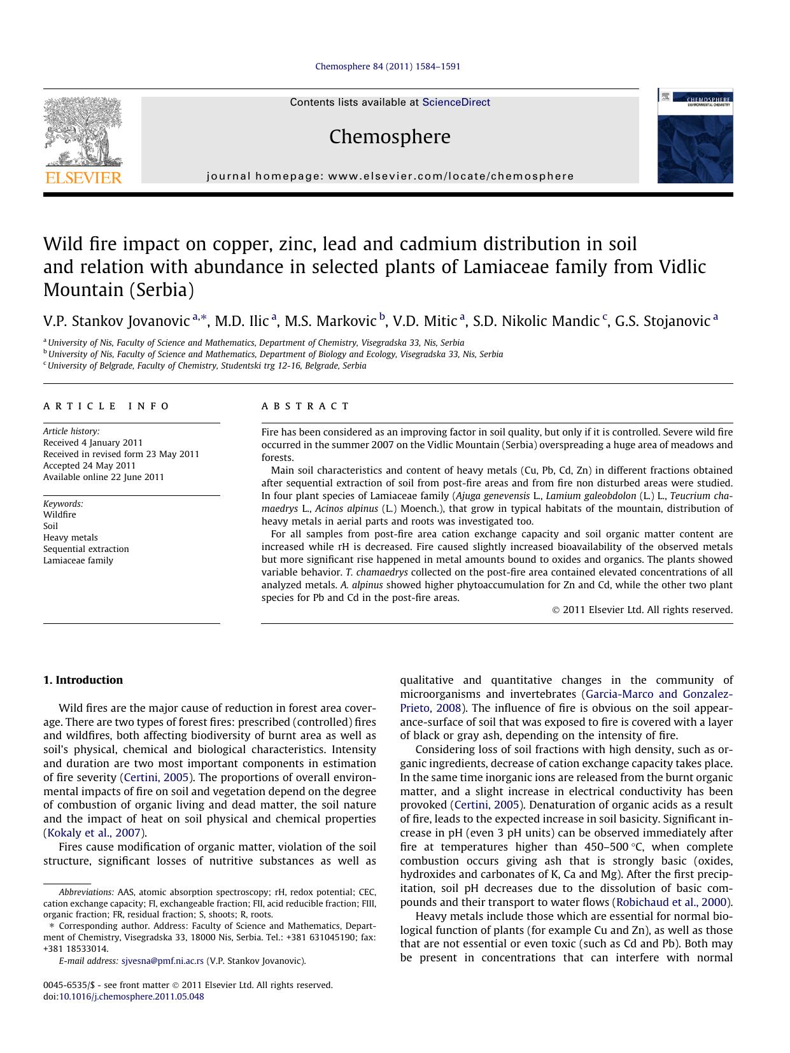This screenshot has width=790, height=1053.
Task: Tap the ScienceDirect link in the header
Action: (x=456, y=102)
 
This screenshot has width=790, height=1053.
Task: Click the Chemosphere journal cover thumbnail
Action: (x=695, y=136)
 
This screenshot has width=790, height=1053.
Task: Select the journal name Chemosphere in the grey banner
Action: (x=390, y=137)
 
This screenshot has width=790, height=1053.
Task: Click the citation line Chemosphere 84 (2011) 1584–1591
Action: (x=388, y=66)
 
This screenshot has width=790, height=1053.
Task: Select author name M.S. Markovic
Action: (x=330, y=321)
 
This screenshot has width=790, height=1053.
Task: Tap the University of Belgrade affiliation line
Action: (x=207, y=366)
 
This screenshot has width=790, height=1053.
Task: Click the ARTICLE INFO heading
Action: (x=106, y=406)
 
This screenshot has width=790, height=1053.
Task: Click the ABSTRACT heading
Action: (x=306, y=406)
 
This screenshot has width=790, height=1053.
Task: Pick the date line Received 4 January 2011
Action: (x=93, y=442)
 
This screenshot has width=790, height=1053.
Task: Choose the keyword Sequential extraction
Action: (x=86, y=549)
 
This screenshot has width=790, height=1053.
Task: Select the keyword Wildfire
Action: (x=60, y=514)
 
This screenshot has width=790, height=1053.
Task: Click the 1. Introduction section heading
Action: (x=83, y=680)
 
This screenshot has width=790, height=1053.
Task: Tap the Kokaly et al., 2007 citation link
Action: (x=94, y=833)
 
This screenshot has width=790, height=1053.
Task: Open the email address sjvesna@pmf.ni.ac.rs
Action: (x=162, y=961)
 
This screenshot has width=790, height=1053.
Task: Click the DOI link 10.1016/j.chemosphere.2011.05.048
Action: (x=131, y=996)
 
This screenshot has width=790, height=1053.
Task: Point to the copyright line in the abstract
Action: (x=642, y=610)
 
